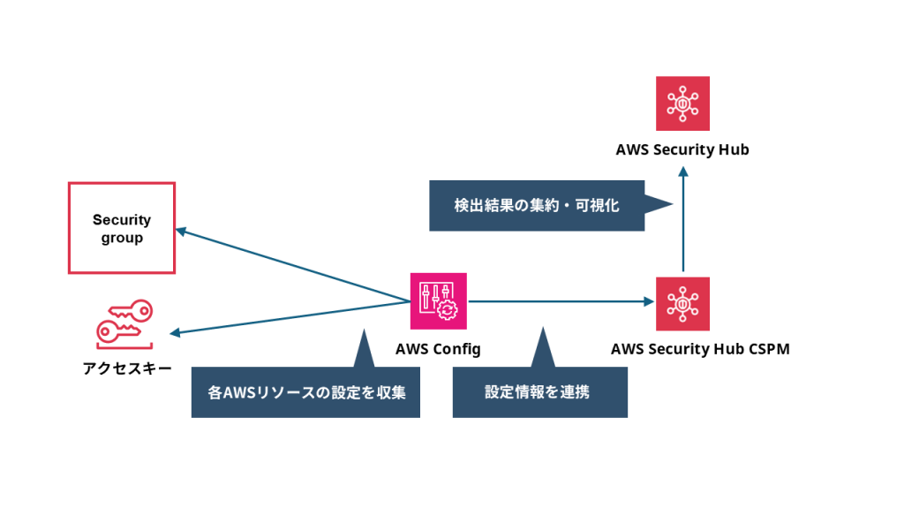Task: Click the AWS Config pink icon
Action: point(439,300)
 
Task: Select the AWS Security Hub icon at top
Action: point(682,104)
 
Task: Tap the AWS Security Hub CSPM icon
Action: point(682,304)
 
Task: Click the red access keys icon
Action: point(124,323)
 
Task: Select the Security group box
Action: point(122,228)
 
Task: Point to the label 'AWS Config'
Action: point(438,349)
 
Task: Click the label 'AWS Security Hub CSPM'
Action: point(700,349)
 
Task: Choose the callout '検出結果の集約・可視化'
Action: point(537,206)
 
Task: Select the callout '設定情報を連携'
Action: point(539,392)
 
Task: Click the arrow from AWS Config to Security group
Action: point(291,265)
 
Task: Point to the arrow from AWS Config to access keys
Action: point(291,318)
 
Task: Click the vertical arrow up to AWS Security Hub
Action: point(683,221)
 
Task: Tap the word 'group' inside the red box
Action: point(122,238)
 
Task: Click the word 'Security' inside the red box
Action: point(122,219)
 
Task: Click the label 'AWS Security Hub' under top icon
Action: point(682,149)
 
